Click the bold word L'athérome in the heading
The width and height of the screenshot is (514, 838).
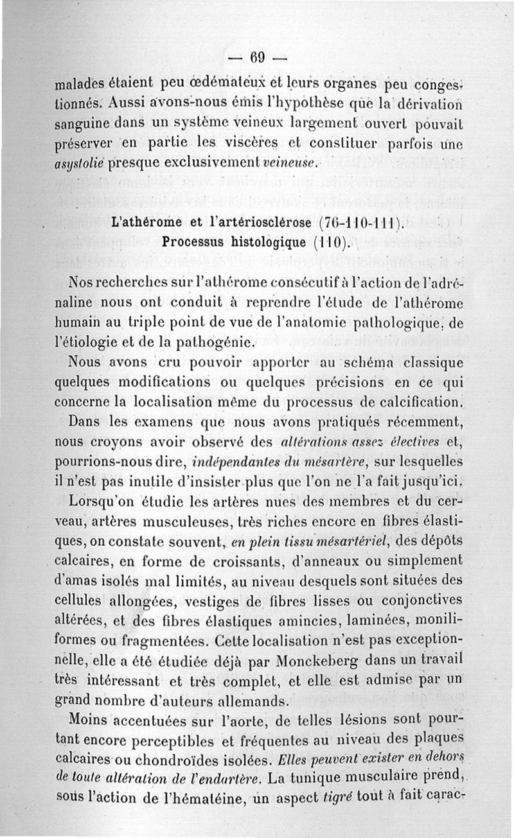click(148, 224)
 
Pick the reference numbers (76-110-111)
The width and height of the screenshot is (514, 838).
click(361, 224)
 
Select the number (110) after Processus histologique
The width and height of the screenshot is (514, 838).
click(331, 243)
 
